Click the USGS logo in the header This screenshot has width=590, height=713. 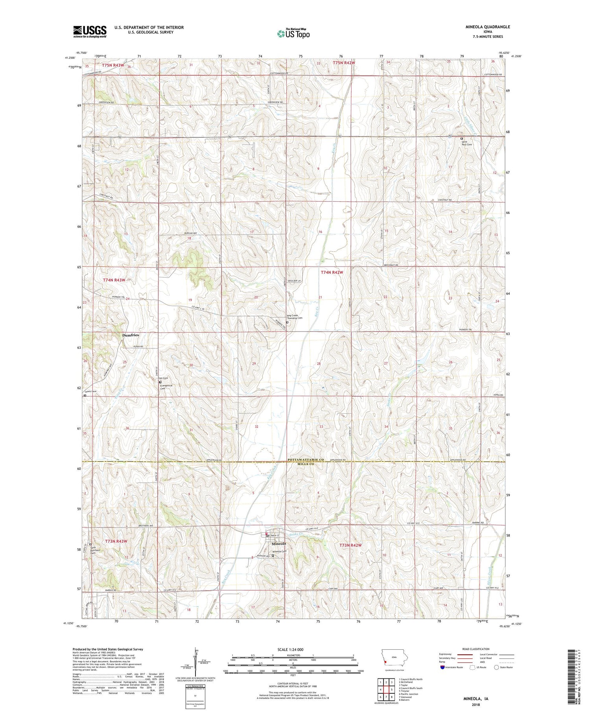pyautogui.click(x=90, y=31)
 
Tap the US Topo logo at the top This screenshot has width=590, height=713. pyautogui.click(x=293, y=33)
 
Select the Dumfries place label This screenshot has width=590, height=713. pyautogui.click(x=130, y=335)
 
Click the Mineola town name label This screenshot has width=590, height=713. pyautogui.click(x=279, y=544)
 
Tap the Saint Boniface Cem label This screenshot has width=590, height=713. pyautogui.click(x=93, y=550)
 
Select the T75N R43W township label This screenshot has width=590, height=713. pyautogui.click(x=113, y=65)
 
